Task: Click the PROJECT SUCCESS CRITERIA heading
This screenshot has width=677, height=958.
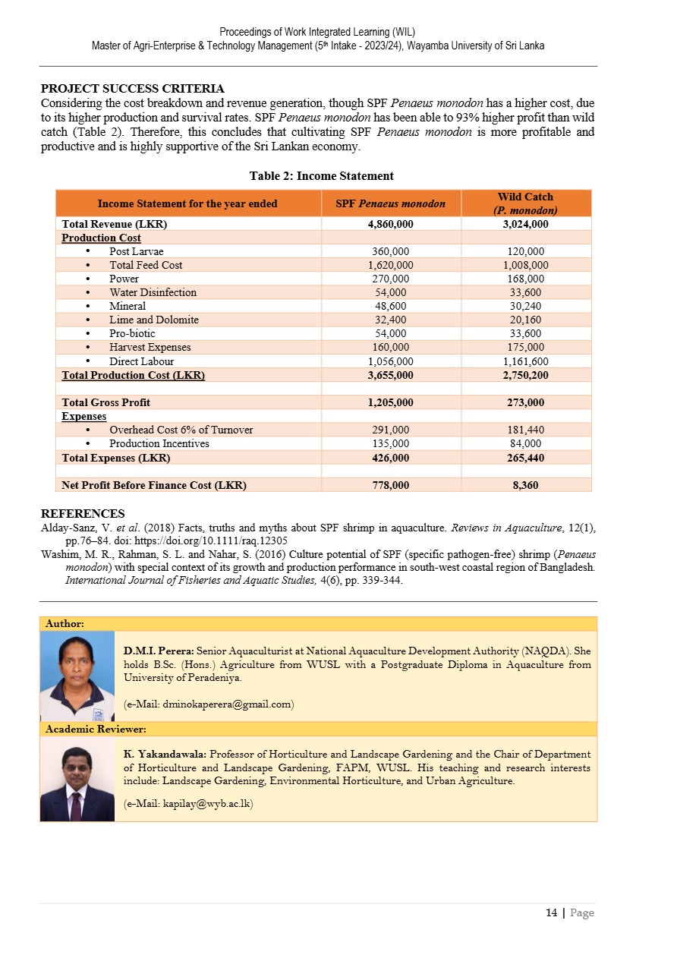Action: tap(132, 89)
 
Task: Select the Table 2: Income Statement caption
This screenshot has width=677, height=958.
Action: tap(321, 176)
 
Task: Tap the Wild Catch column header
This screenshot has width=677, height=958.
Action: tap(525, 203)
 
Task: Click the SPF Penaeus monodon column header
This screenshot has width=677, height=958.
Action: tap(390, 203)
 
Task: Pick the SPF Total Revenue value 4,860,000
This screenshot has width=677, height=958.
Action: tap(390, 224)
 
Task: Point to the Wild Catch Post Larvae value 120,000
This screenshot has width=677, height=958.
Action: tap(525, 251)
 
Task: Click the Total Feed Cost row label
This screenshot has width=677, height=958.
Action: tap(146, 265)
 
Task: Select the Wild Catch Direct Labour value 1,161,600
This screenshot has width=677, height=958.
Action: tap(525, 361)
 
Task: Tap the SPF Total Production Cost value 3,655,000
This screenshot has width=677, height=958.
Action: tap(390, 375)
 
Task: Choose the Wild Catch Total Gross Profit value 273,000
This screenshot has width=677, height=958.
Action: tap(525, 402)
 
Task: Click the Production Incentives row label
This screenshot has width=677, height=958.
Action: tap(159, 443)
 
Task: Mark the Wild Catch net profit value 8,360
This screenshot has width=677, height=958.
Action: tap(525, 485)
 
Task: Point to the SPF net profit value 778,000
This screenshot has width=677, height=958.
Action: tap(390, 485)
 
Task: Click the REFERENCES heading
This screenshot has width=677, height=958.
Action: tap(83, 514)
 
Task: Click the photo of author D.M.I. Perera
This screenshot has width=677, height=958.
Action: tap(77, 676)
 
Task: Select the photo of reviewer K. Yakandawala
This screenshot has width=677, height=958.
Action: tap(77, 780)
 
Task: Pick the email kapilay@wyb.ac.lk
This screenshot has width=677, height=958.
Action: tap(189, 804)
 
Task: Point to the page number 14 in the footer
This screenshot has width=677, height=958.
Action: tap(551, 913)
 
